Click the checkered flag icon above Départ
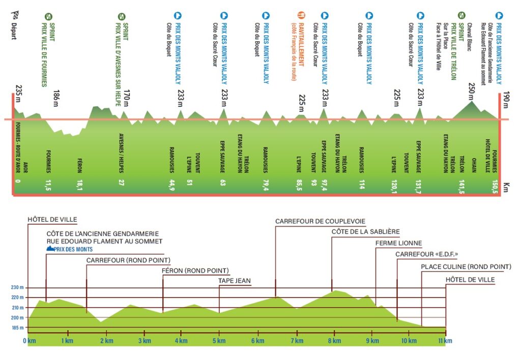click(x=15, y=15)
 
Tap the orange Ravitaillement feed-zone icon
click(x=301, y=15)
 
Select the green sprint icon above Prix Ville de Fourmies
click(x=48, y=17)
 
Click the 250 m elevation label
click(x=472, y=92)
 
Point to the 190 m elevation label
click(x=506, y=100)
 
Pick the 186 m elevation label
click(x=56, y=98)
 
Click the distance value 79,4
click(x=266, y=185)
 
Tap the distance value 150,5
click(x=495, y=186)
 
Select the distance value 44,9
click(x=172, y=185)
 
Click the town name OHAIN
click(x=474, y=165)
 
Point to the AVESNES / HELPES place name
click(x=121, y=153)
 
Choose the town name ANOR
click(x=25, y=167)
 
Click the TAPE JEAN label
click(x=234, y=281)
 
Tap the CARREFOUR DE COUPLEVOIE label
click(x=320, y=221)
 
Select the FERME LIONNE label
click(x=398, y=243)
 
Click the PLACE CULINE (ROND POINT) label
click(x=466, y=266)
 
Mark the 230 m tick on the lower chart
click(x=18, y=288)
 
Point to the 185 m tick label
click(x=18, y=328)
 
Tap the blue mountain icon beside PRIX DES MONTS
click(x=50, y=249)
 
